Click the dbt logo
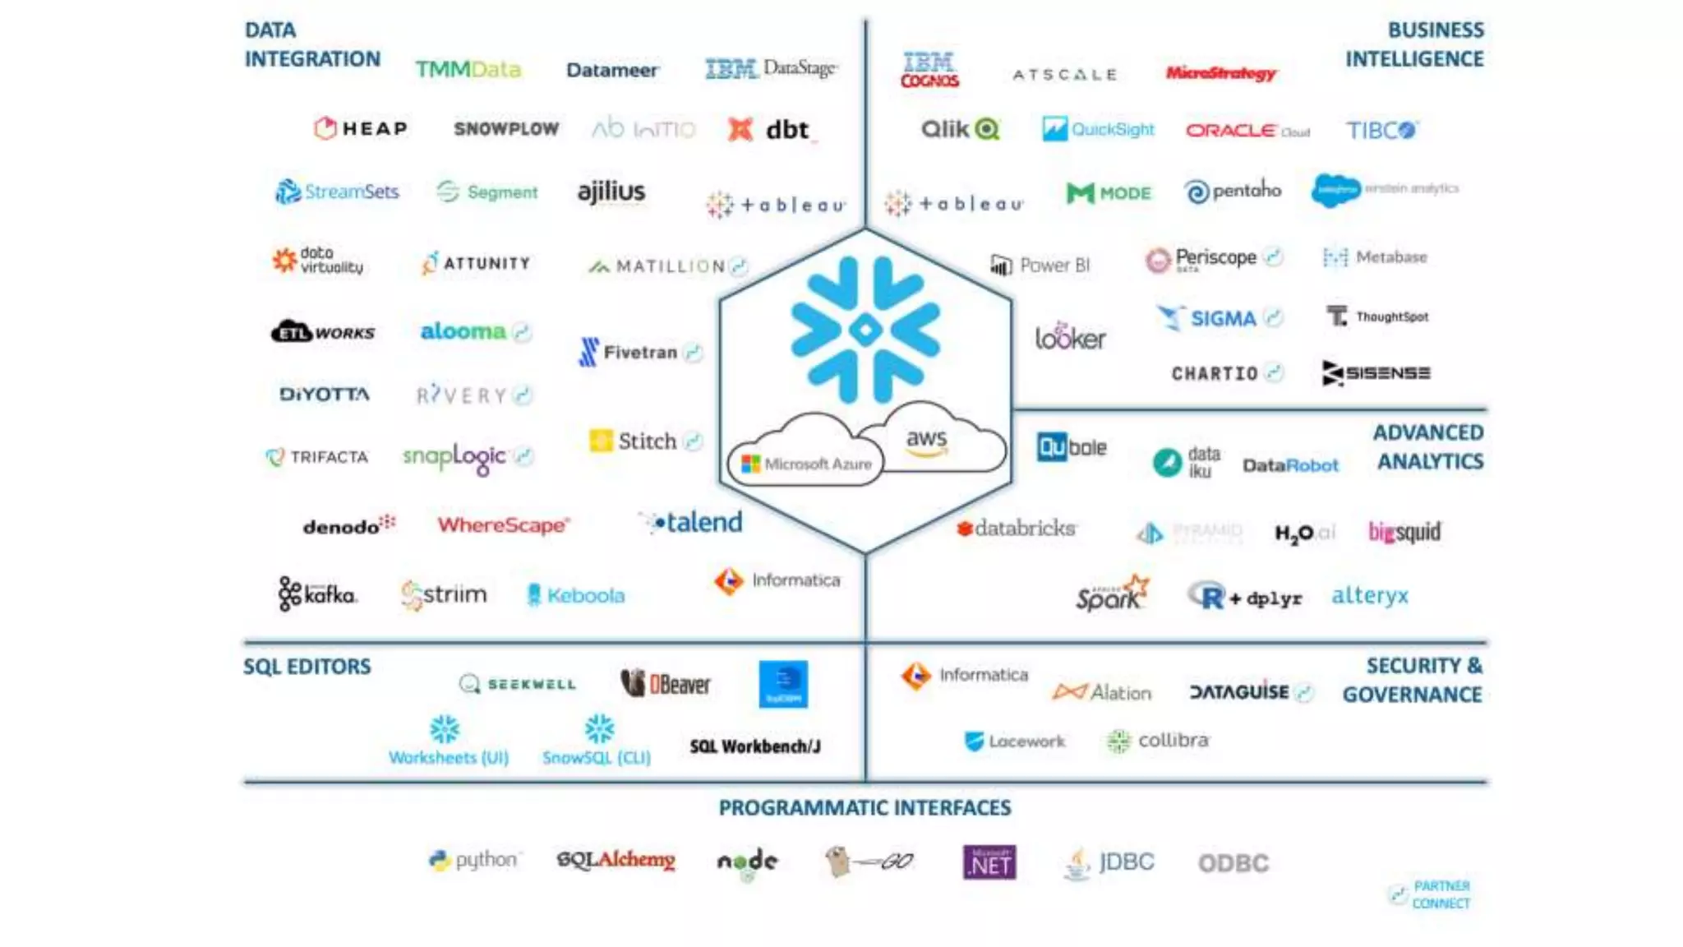click(771, 130)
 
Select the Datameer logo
click(612, 71)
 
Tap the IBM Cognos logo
click(929, 71)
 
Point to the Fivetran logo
click(631, 353)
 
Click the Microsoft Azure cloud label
click(807, 464)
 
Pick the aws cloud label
click(927, 441)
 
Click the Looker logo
click(1070, 337)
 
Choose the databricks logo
click(1017, 529)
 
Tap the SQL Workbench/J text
click(754, 746)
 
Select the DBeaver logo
click(666, 684)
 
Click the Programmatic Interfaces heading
click(865, 808)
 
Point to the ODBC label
click(1233, 863)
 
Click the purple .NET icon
click(989, 862)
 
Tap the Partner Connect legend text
click(1441, 894)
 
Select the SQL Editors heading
click(307, 667)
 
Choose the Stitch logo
click(634, 441)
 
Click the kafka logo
click(317, 594)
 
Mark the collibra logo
click(1159, 741)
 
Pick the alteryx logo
click(1369, 596)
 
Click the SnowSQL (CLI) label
click(597, 757)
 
